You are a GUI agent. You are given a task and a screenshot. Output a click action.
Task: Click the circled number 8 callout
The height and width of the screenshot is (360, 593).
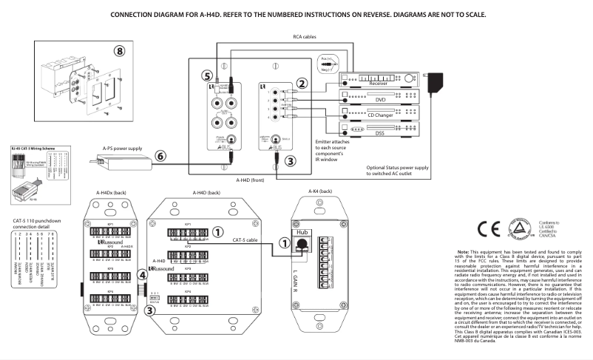119,51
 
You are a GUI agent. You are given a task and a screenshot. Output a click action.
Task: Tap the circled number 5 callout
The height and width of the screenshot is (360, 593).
208,75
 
